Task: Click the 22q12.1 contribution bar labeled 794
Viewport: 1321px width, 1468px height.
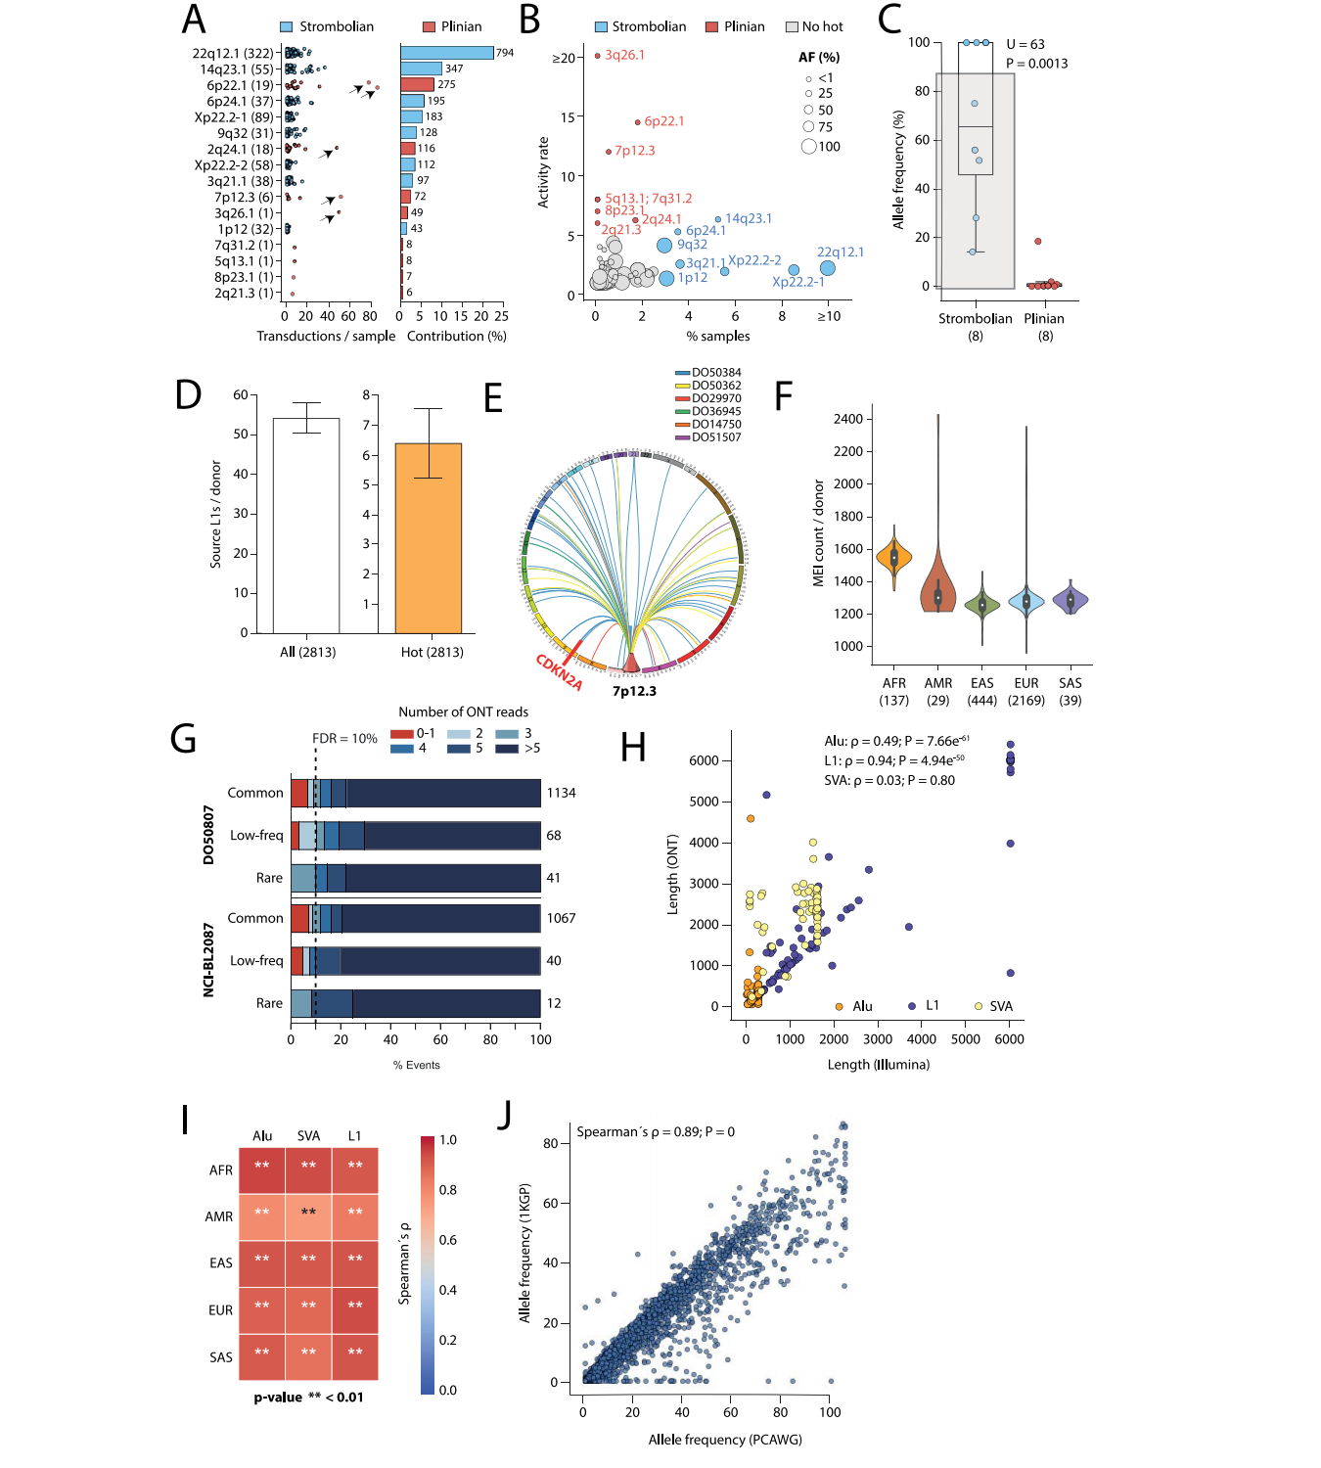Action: pos(446,53)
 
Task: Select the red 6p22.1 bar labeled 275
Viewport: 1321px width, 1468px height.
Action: pos(417,85)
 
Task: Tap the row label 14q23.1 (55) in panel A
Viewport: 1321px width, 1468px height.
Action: pos(237,69)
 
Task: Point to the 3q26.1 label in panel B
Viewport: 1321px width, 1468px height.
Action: pos(624,55)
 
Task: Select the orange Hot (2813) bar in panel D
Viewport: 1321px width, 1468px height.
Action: pos(428,538)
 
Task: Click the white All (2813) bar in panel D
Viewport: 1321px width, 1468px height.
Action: pos(306,526)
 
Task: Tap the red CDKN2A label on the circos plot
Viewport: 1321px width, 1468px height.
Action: pos(559,673)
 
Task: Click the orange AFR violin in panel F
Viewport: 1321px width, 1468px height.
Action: pos(893,558)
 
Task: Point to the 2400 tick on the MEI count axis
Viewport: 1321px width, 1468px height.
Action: pos(847,419)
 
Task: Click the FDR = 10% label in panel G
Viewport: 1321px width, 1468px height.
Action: pos(344,739)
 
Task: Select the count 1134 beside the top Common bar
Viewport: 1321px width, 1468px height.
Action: pos(561,793)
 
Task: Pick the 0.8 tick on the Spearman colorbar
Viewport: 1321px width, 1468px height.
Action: pos(448,1190)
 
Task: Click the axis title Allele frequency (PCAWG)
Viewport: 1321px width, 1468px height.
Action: pos(725,1440)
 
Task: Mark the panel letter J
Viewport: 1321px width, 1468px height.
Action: pos(505,1115)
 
